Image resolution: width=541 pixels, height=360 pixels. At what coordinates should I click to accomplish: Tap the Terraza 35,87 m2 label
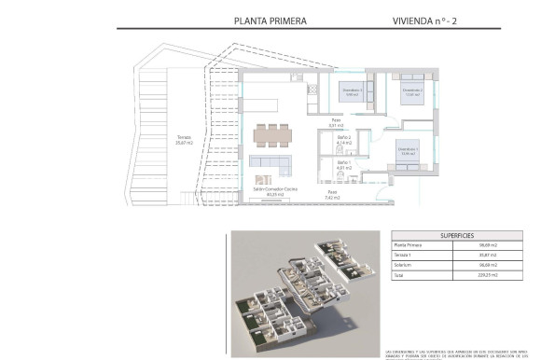pyautogui.click(x=185, y=140)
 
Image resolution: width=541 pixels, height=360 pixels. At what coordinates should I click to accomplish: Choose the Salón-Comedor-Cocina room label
pyautogui.click(x=275, y=192)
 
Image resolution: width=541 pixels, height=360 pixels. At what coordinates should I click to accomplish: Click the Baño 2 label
pyautogui.click(x=343, y=139)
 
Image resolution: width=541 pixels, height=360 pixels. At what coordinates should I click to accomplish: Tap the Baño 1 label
pyautogui.click(x=343, y=164)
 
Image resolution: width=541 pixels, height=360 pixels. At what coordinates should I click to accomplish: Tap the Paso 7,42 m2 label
pyautogui.click(x=331, y=195)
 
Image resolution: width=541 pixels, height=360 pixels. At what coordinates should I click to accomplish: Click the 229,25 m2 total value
pyautogui.click(x=486, y=276)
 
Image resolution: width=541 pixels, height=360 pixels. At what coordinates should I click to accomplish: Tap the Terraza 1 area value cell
pyautogui.click(x=486, y=256)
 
